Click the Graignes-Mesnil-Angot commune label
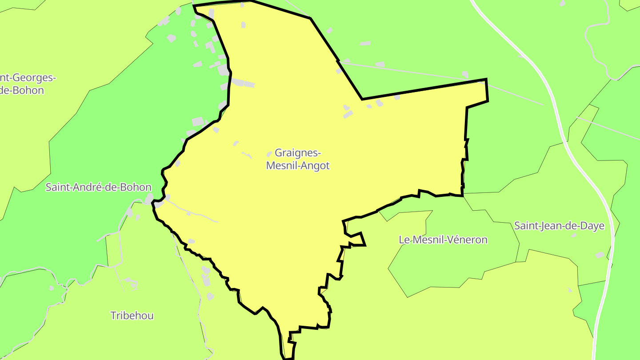pos(298,159)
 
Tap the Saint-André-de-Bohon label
pos(98,187)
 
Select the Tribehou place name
pos(132,316)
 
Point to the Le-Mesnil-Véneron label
pos(443,240)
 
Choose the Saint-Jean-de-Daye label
pos(559,226)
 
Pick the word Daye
pos(593,226)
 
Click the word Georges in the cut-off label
pos(33,78)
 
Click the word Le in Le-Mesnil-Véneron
pos(404,240)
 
